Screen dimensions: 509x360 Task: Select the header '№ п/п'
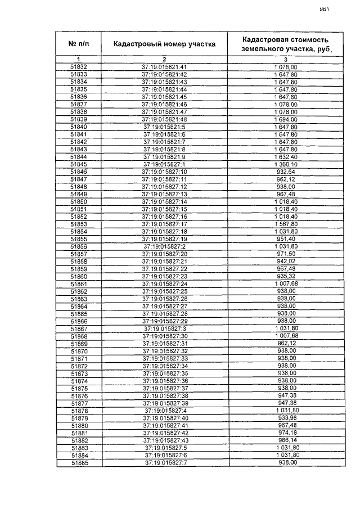click(79, 44)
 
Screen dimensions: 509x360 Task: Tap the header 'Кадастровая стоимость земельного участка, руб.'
click(285, 44)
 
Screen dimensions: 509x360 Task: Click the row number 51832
click(79, 67)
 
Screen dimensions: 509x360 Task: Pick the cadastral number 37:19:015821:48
click(164, 119)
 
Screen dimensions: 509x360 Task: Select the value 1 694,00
click(285, 119)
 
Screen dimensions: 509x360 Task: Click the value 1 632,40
click(285, 156)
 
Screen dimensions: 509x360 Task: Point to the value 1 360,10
click(285, 164)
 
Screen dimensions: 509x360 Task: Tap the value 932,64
click(285, 172)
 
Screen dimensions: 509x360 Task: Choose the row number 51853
click(79, 224)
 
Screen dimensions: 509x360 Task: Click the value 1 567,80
click(285, 224)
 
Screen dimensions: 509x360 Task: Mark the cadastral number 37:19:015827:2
click(164, 246)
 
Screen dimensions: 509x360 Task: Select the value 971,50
click(285, 254)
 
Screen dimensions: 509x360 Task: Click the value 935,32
click(285, 276)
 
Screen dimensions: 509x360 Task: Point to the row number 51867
click(79, 328)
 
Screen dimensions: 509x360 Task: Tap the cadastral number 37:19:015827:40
click(164, 418)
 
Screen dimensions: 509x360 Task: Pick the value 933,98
click(285, 418)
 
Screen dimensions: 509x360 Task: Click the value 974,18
click(285, 433)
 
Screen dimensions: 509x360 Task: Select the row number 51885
click(79, 463)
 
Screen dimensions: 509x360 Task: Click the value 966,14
click(285, 440)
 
